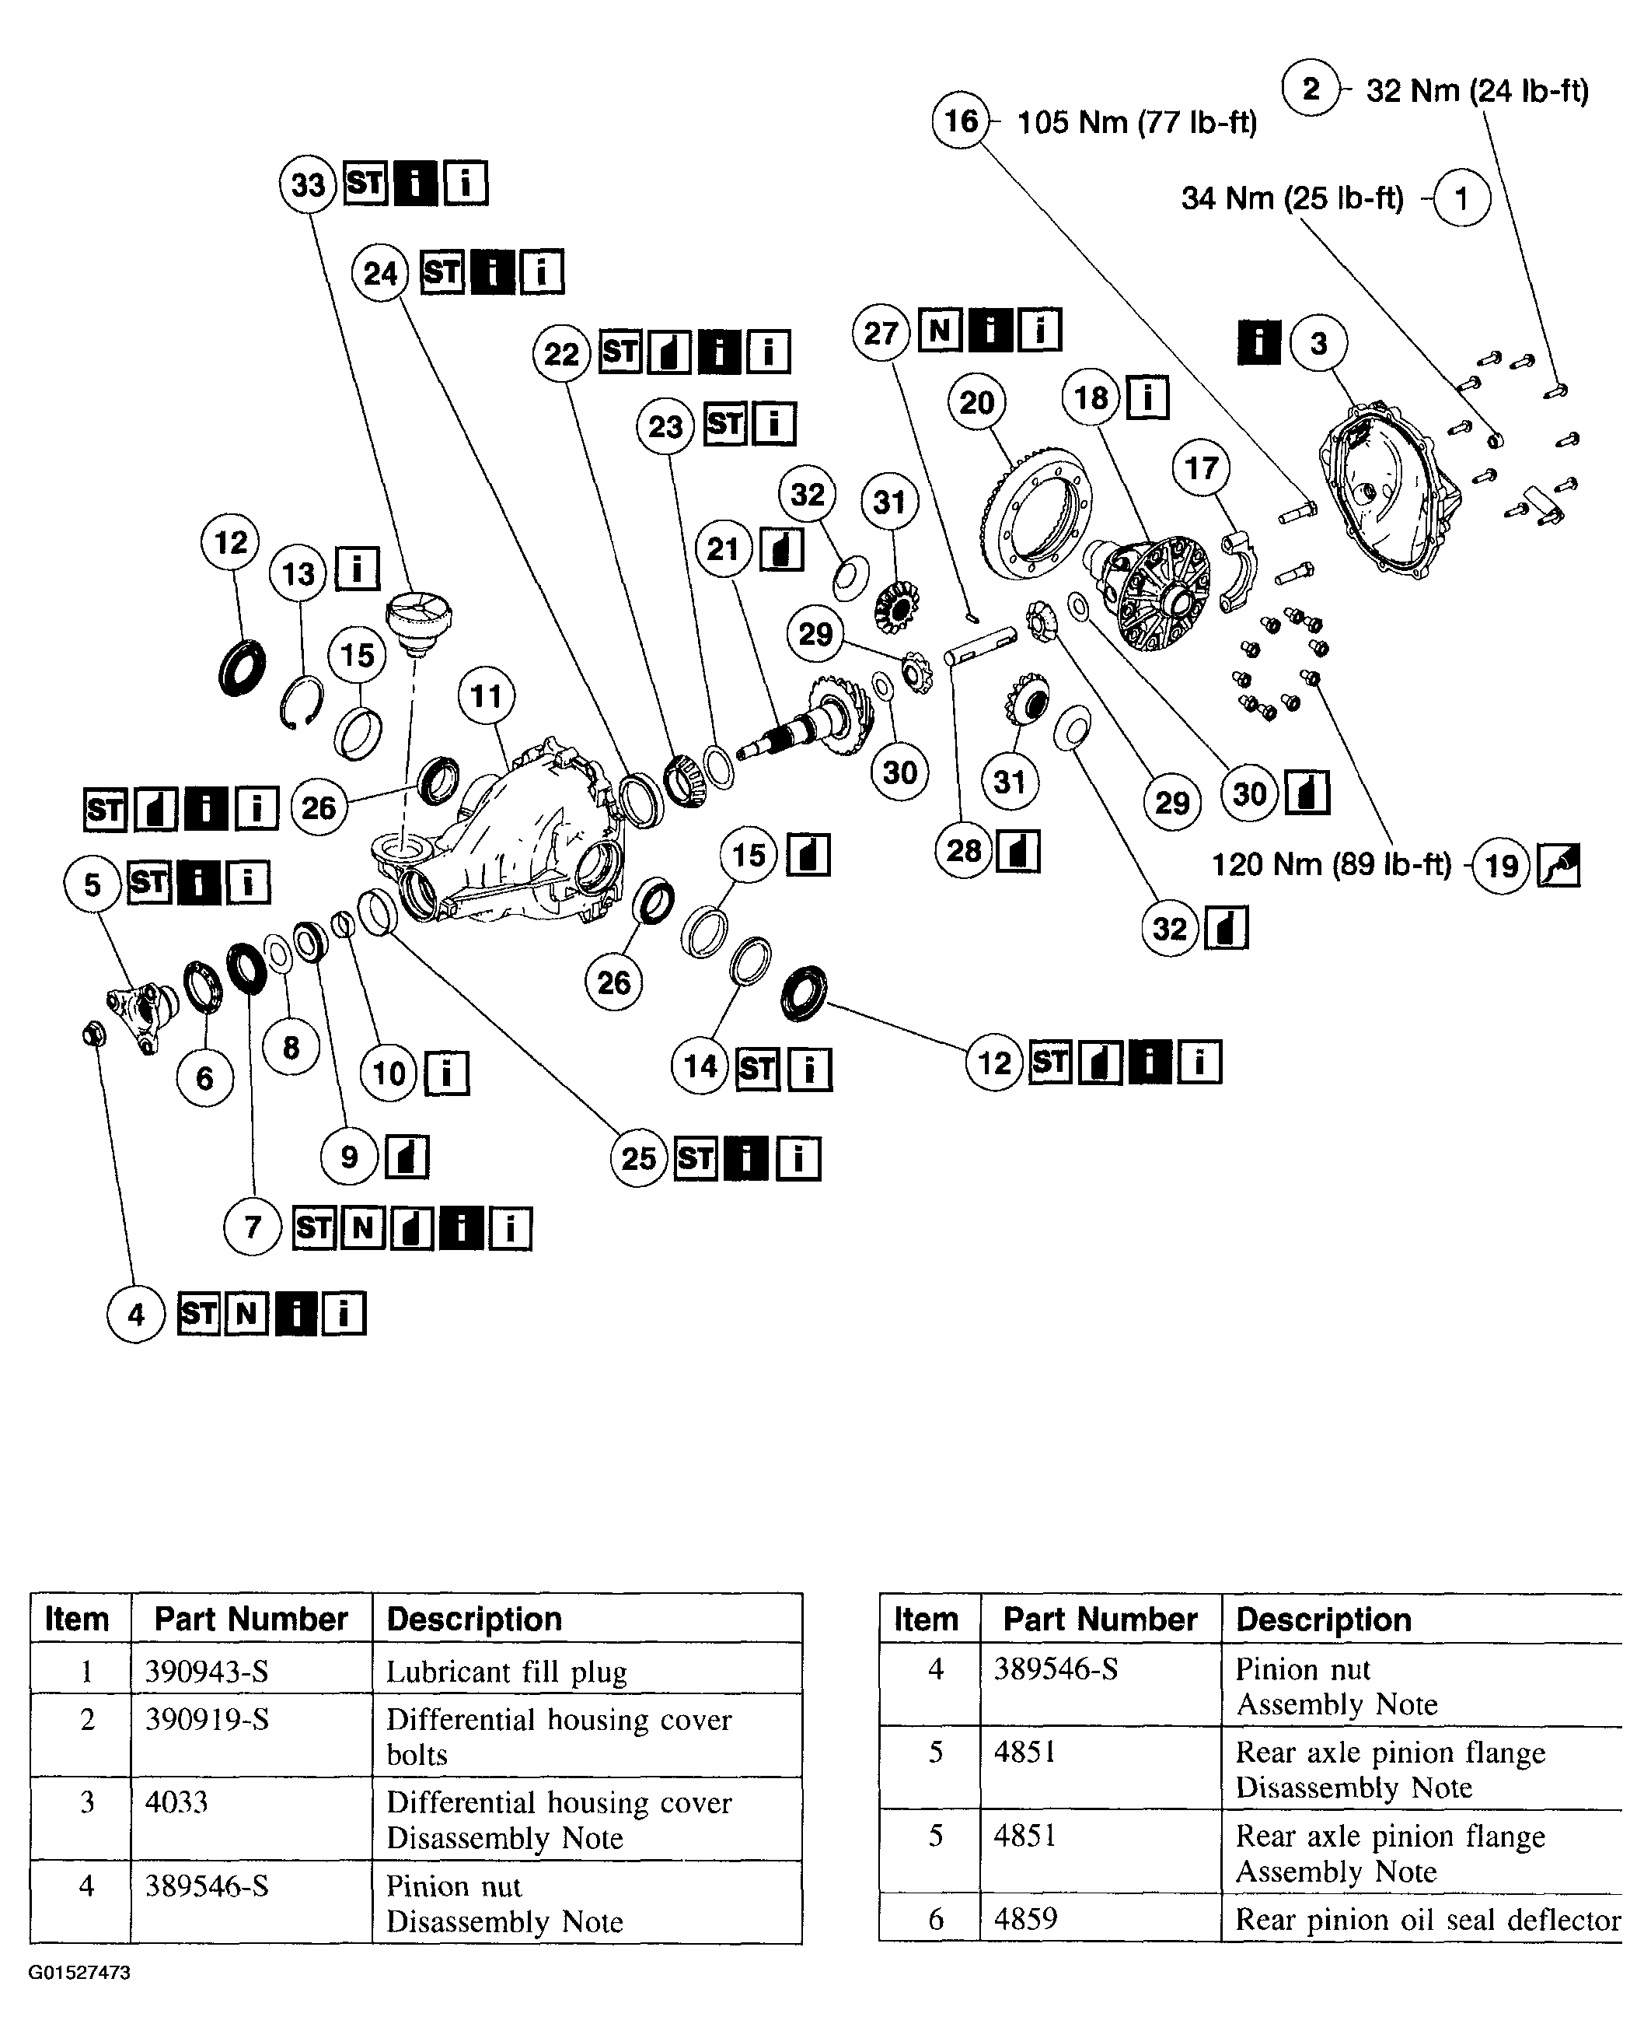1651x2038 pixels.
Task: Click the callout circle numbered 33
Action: click(308, 184)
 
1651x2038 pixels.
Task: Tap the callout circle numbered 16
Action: click(961, 121)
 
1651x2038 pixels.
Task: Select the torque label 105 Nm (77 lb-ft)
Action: click(1136, 122)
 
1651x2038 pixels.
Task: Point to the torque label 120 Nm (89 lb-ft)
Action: click(1331, 864)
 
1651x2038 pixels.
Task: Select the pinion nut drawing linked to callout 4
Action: click(94, 1032)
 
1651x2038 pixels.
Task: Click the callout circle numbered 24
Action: click(380, 273)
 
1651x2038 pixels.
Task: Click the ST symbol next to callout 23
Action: click(724, 422)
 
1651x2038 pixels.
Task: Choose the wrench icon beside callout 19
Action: click(1558, 865)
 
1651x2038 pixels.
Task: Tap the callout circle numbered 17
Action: click(1201, 467)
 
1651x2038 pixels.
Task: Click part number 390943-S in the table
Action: click(207, 1671)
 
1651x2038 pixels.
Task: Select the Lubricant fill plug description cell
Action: click(506, 1672)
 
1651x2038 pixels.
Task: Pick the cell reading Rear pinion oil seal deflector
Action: click(1426, 1919)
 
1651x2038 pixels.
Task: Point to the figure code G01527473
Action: click(79, 1973)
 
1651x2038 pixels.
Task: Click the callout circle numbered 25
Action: click(639, 1158)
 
